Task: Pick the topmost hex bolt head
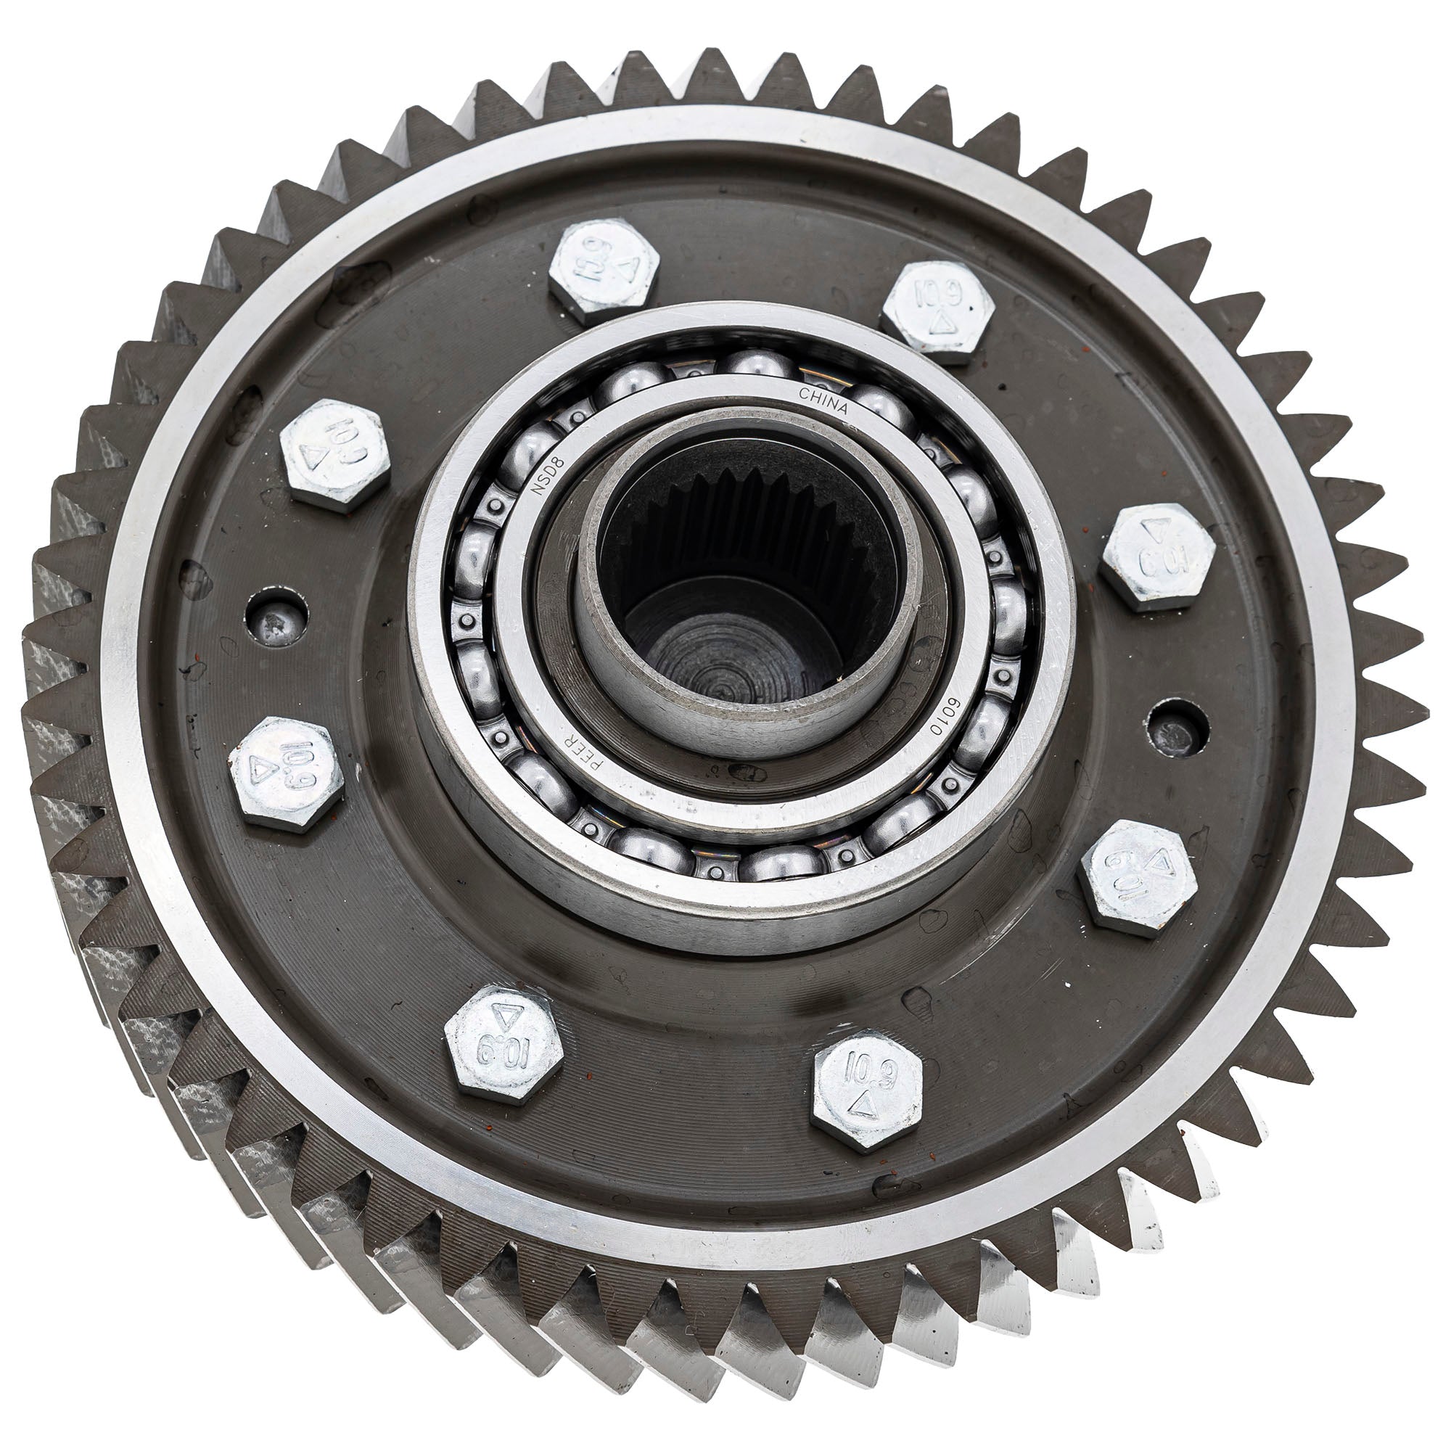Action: tap(604, 266)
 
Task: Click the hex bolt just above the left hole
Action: tap(334, 455)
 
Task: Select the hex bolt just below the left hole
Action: tap(285, 773)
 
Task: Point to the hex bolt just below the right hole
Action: tap(1137, 878)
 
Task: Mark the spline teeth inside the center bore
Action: tap(744, 503)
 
